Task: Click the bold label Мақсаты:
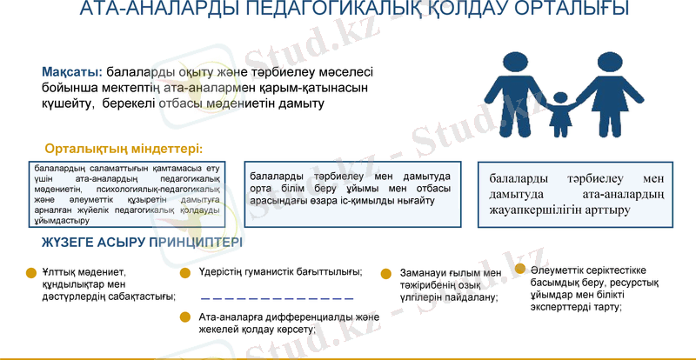click(71, 71)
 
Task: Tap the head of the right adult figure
click(608, 63)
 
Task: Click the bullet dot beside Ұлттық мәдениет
click(32, 272)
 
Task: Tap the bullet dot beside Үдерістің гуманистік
click(184, 273)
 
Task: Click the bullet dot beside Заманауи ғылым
click(385, 274)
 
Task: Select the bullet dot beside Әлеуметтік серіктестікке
click(519, 269)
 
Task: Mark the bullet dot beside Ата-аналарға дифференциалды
click(184, 318)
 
